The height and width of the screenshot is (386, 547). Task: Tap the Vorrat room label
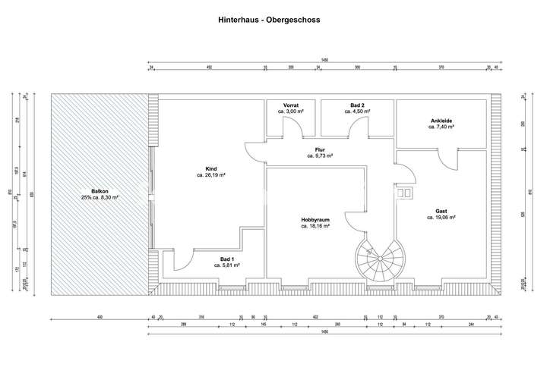(x=291, y=105)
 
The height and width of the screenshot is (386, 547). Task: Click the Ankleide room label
(x=441, y=121)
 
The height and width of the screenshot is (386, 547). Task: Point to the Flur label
(x=320, y=149)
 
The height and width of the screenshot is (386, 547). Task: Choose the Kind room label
(x=211, y=168)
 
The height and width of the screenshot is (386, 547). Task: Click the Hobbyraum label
(x=314, y=220)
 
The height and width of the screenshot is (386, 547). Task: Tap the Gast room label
(x=441, y=212)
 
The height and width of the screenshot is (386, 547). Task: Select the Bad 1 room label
(x=226, y=259)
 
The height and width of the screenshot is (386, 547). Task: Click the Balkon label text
(x=99, y=191)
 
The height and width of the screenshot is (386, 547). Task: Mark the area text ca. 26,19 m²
(x=211, y=175)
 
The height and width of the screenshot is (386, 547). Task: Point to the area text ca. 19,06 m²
(x=441, y=218)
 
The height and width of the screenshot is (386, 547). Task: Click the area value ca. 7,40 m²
(x=441, y=127)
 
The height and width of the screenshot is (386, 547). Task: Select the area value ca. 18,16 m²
(x=314, y=226)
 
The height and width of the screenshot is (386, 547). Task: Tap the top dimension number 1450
(x=324, y=61)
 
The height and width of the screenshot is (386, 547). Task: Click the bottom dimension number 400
(x=99, y=317)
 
